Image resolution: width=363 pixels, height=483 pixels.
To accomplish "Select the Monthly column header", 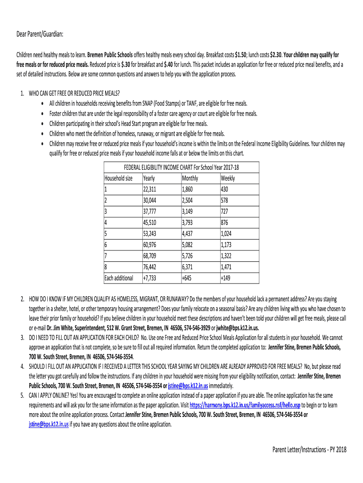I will (x=190, y=179).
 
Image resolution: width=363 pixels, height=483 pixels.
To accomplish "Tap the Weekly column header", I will (x=228, y=179).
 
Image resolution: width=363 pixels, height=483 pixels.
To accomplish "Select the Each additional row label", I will (x=118, y=278).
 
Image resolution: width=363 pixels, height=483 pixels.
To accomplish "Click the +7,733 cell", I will (x=149, y=278).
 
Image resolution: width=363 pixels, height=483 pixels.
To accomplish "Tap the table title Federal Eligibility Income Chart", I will (x=181, y=167).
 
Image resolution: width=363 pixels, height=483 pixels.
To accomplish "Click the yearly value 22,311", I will (x=149, y=190).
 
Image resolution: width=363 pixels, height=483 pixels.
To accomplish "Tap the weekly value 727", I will (x=225, y=212).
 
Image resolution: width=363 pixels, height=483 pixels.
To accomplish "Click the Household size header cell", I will (x=118, y=179).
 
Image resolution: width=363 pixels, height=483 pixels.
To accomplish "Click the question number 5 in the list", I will (x=22, y=394).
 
